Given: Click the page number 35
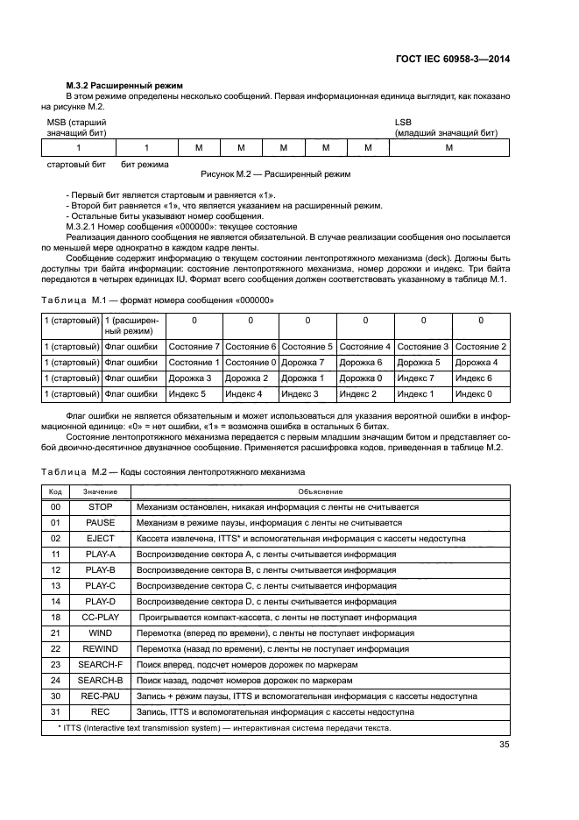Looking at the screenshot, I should [x=503, y=746].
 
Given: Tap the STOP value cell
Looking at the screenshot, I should [x=101, y=507].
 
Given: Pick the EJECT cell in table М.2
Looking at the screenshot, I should [x=101, y=539].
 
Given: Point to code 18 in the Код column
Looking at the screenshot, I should [x=55, y=618].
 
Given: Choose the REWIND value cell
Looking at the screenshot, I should [x=101, y=649].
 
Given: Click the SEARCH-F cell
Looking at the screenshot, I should [x=101, y=665].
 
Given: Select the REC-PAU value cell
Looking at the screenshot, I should [x=101, y=696].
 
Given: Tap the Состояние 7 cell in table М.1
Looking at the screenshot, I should [x=193, y=347].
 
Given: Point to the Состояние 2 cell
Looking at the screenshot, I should [x=481, y=347].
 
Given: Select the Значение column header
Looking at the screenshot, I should [x=101, y=492].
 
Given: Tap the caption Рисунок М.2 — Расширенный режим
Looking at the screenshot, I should [x=275, y=174].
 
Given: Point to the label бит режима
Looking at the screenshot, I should [x=145, y=164].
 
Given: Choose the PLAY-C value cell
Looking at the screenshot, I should [x=101, y=586].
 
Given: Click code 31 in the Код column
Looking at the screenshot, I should [x=55, y=712].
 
